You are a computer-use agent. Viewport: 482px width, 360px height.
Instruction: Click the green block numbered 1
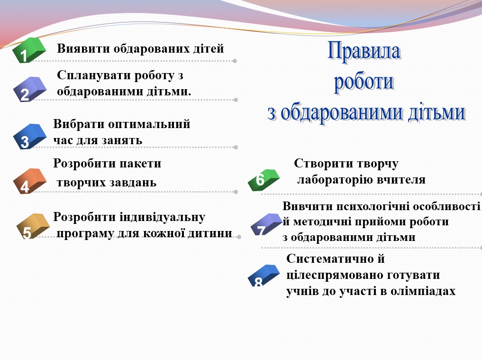pyautogui.click(x=29, y=50)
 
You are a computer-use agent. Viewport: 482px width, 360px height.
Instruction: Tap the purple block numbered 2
pyautogui.click(x=29, y=89)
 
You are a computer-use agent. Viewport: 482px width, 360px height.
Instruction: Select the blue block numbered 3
pyautogui.click(x=29, y=137)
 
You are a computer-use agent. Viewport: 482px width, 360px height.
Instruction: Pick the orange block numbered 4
pyautogui.click(x=29, y=181)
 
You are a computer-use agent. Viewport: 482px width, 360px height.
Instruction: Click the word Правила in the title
pyautogui.click(x=364, y=51)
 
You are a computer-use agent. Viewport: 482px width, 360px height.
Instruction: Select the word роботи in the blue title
pyautogui.click(x=364, y=82)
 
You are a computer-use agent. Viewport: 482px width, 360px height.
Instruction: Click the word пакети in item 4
pyautogui.click(x=140, y=164)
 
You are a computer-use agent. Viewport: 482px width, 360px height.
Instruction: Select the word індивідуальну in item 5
pyautogui.click(x=163, y=217)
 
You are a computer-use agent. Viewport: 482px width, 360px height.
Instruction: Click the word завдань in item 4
pyautogui.click(x=133, y=183)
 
